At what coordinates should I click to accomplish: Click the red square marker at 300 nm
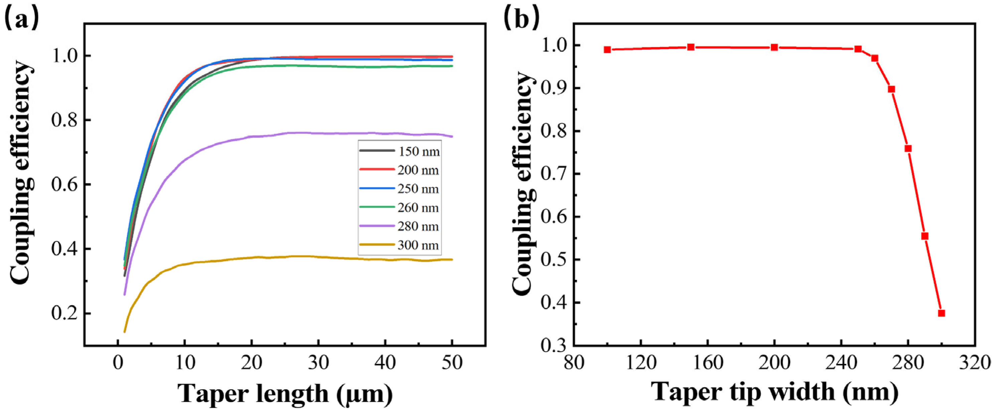point(942,313)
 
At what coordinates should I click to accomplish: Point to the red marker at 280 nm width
point(908,148)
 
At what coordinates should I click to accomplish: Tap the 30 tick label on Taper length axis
point(318,364)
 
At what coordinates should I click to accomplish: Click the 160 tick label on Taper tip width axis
point(708,364)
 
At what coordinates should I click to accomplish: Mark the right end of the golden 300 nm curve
point(452,259)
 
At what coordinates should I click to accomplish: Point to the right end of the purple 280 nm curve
point(452,136)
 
